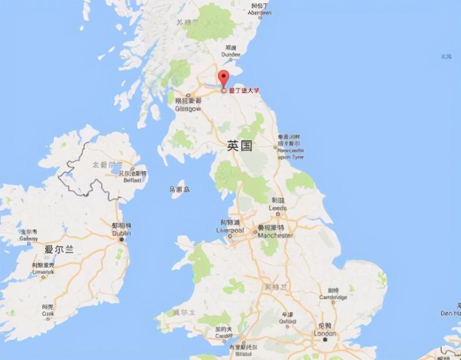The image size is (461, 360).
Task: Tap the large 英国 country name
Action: pyautogui.click(x=240, y=146)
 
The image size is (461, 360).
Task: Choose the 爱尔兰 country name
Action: pyautogui.click(x=58, y=249)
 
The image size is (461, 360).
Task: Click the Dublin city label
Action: pyautogui.click(x=121, y=230)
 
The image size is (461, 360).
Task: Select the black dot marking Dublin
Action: pyautogui.click(x=121, y=239)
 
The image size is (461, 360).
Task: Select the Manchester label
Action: pyautogui.click(x=274, y=231)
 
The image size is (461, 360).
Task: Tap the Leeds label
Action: pyautogui.click(x=278, y=204)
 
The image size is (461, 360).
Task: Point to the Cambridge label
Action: pyautogui.click(x=333, y=294)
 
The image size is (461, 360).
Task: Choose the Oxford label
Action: pyautogui.click(x=288, y=317)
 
